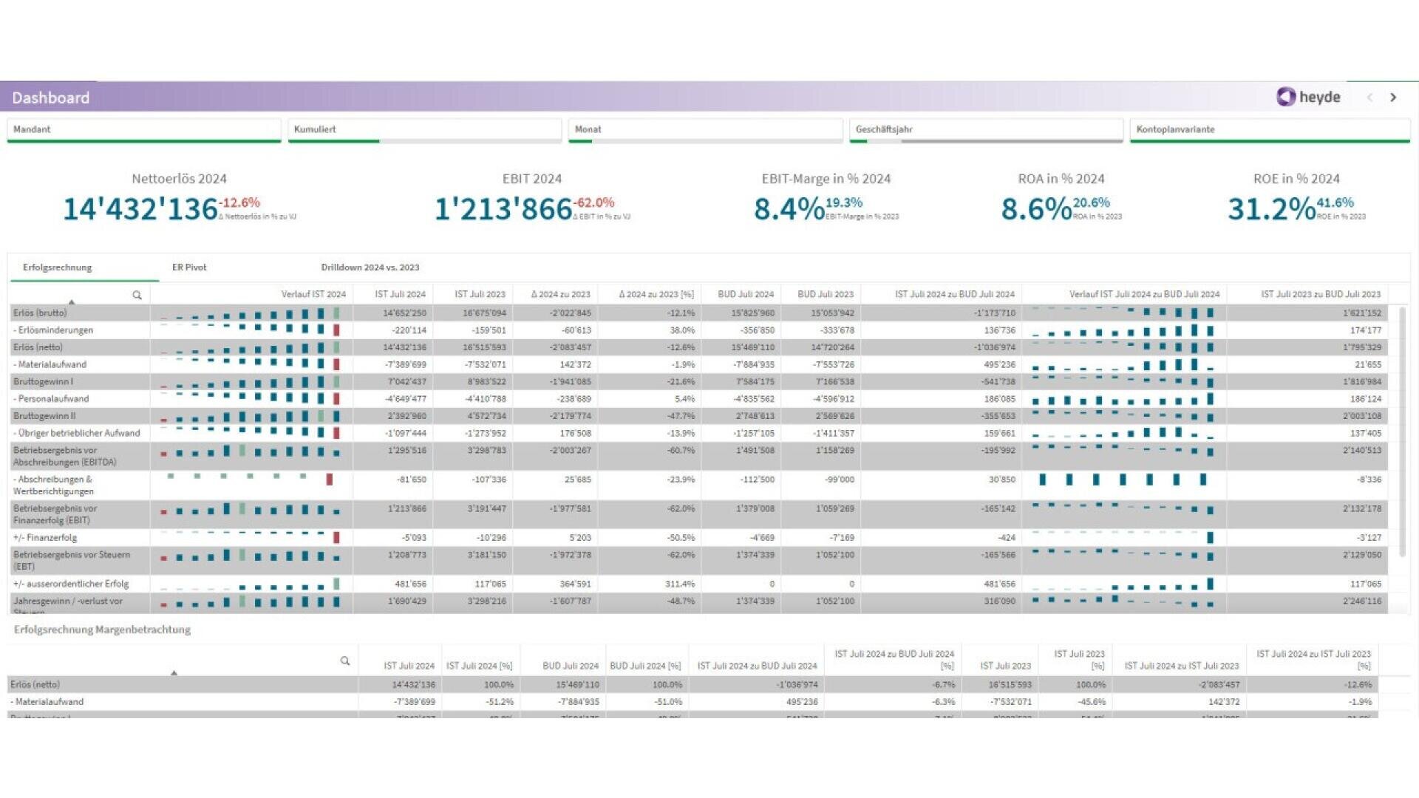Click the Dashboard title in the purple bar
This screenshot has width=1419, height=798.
50,98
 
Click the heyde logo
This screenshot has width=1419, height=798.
1307,97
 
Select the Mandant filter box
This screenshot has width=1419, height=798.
143,129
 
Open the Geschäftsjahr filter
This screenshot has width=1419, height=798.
985,129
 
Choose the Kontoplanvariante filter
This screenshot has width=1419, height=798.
1269,129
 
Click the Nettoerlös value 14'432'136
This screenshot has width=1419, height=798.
140,209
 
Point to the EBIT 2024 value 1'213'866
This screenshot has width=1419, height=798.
503,209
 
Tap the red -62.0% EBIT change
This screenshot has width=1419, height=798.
594,202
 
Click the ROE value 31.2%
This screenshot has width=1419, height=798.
1271,209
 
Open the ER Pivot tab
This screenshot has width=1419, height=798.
189,267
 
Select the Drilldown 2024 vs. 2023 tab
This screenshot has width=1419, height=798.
370,267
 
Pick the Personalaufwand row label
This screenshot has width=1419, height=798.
52,399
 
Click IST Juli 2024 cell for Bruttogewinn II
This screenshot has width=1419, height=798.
406,416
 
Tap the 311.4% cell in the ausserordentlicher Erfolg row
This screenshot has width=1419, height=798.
679,584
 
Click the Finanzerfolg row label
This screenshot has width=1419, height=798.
45,538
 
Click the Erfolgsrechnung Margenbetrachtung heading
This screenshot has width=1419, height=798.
102,630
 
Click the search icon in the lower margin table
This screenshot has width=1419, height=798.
344,661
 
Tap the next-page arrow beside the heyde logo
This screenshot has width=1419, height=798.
1393,98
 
